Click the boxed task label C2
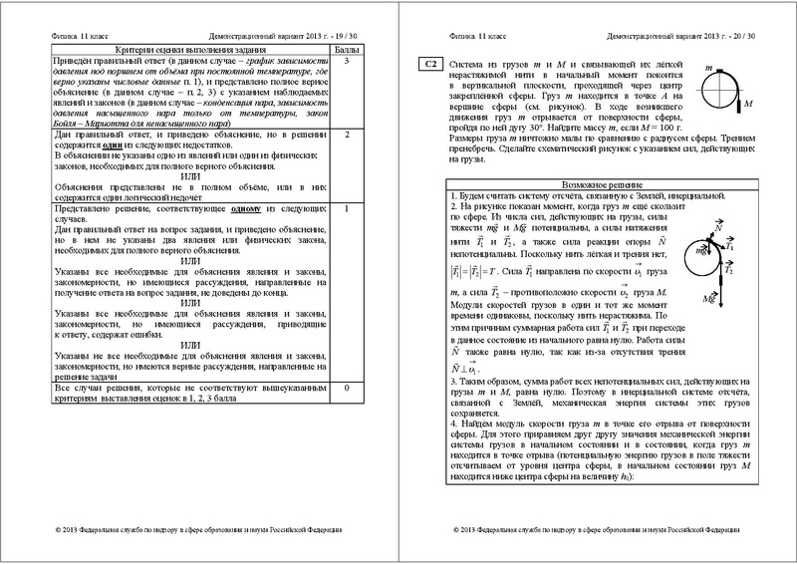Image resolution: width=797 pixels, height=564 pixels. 429,65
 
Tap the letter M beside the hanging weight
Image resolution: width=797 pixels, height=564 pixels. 747,103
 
